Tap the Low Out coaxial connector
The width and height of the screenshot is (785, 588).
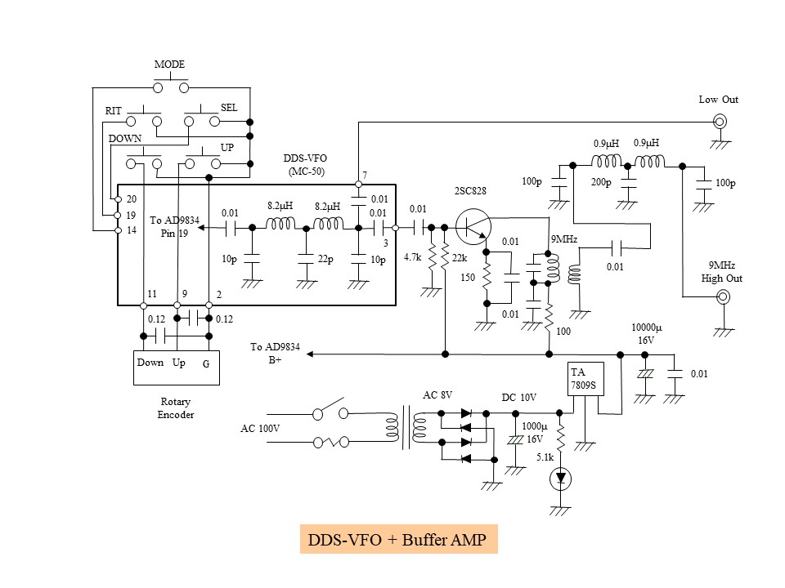click(x=721, y=122)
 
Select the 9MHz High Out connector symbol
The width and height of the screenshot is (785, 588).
click(x=723, y=297)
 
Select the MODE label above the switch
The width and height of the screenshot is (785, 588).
click(x=169, y=65)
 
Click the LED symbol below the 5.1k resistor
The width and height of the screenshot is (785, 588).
click(x=561, y=480)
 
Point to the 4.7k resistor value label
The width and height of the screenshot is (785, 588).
click(x=412, y=257)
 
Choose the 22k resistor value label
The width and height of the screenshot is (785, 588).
click(x=459, y=257)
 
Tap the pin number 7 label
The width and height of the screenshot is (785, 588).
click(x=365, y=176)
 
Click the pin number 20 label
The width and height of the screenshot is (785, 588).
click(x=132, y=199)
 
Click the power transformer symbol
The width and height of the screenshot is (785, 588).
click(x=406, y=428)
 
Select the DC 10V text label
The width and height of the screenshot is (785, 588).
click(x=518, y=397)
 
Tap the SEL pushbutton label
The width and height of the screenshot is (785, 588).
click(x=229, y=108)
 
